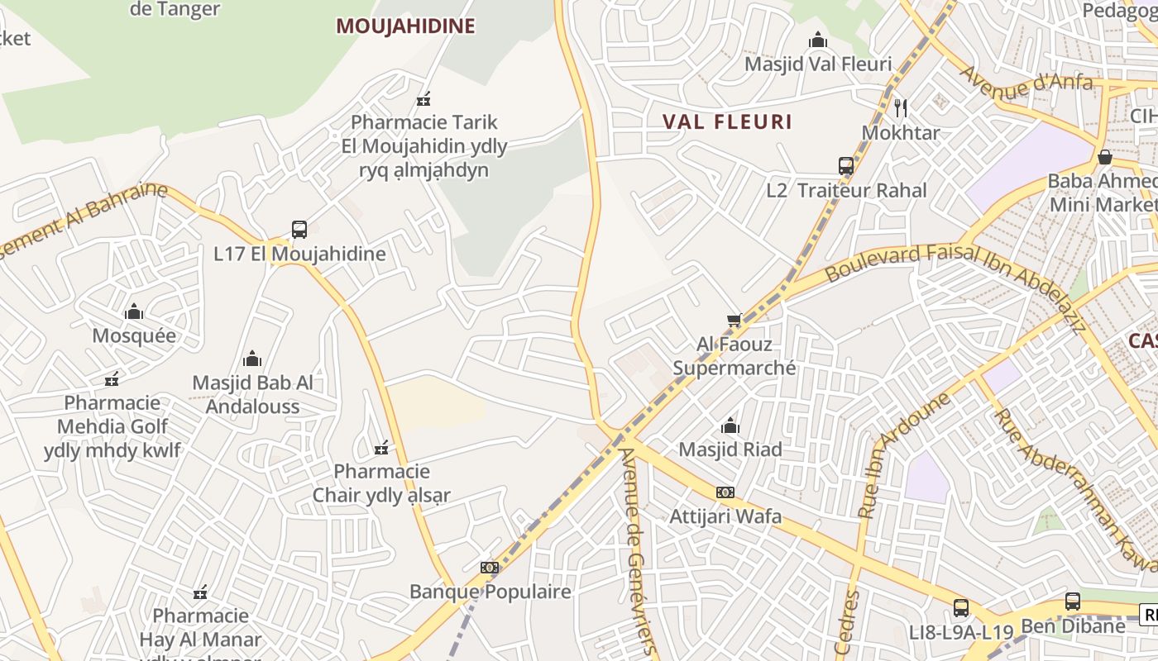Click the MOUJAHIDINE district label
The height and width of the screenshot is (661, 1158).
[405, 26]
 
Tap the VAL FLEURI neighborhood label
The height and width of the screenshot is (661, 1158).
[727, 122]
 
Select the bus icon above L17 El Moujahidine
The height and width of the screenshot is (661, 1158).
[299, 230]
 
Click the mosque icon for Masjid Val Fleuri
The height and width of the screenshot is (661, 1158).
[818, 40]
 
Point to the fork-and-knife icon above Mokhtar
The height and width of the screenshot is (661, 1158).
[901, 107]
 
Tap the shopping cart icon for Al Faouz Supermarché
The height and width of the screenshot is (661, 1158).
[734, 320]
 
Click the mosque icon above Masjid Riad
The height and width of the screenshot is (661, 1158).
[730, 426]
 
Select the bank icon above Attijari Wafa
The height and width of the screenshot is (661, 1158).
[725, 492]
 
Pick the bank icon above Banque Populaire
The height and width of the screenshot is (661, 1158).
[490, 568]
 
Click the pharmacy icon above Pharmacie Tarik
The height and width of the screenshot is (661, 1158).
[424, 99]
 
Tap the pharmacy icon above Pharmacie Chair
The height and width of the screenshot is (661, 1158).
[381, 448]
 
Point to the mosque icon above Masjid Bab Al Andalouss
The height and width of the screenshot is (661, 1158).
[252, 359]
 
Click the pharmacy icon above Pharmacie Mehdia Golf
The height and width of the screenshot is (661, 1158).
[112, 379]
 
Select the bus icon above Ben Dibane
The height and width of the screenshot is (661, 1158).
[1073, 602]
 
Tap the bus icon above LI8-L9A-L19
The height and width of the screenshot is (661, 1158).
[961, 608]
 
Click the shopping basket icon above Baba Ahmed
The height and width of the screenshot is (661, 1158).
[1105, 156]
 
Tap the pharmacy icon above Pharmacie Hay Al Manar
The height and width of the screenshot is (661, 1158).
[200, 592]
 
